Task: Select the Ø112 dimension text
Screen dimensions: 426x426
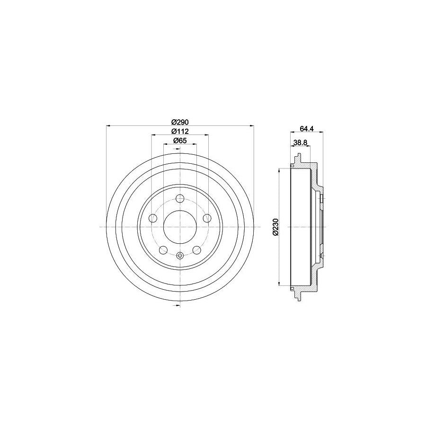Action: pyautogui.click(x=180, y=131)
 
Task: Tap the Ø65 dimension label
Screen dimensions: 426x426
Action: pyautogui.click(x=179, y=141)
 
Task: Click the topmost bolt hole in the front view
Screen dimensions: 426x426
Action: pyautogui.click(x=179, y=199)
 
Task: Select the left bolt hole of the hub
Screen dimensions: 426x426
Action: pyautogui.click(x=153, y=218)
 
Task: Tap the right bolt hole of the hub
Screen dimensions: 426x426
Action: pyautogui.click(x=207, y=218)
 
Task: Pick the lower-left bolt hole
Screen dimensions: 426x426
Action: pyautogui.click(x=163, y=249)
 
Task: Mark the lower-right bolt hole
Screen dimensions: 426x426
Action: pyautogui.click(x=196, y=249)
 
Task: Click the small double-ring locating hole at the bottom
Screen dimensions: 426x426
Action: pyautogui.click(x=179, y=256)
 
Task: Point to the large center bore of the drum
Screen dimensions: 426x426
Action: pyautogui.click(x=179, y=227)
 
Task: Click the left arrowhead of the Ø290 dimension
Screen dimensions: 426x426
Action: pyautogui.click(x=108, y=125)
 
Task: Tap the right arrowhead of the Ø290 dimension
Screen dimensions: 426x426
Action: pyautogui.click(x=251, y=125)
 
